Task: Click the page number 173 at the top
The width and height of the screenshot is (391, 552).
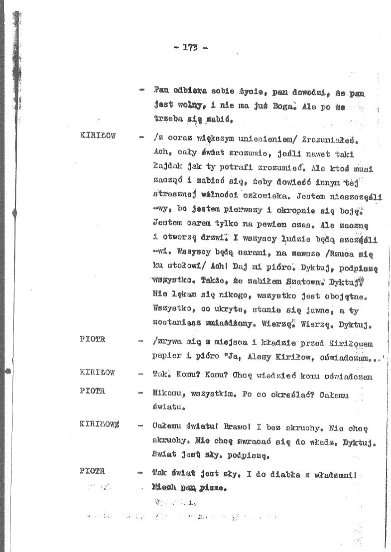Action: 191,48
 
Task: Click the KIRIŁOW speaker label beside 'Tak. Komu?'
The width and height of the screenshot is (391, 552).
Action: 97,372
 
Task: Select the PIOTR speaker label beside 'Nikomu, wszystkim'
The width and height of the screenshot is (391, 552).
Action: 92,391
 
